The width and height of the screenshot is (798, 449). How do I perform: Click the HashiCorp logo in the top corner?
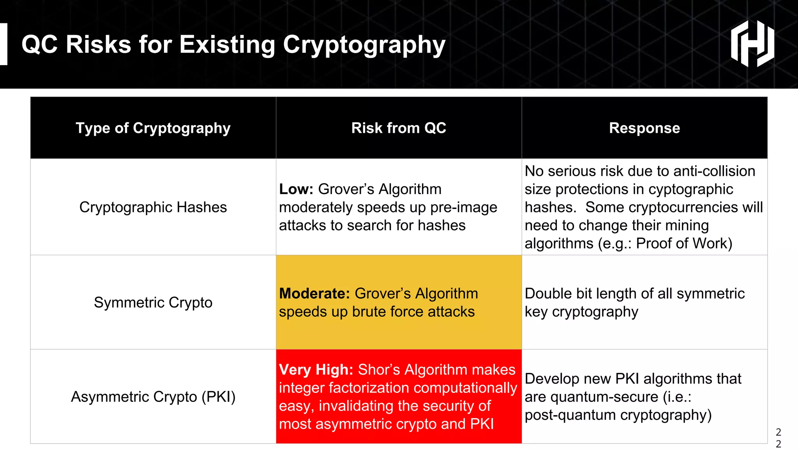point(752,44)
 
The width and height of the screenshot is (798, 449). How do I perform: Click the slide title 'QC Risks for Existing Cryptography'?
point(233,44)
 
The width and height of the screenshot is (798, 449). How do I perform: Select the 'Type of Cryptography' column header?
point(153,128)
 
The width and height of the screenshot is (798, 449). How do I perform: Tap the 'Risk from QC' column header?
point(399,128)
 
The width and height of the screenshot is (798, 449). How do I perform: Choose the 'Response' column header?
point(644,128)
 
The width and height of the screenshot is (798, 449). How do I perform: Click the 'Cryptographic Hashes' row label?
point(153,207)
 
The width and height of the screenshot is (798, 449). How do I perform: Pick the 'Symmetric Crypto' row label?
point(153,302)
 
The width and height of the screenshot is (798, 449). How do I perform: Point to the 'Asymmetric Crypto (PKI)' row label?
point(153,397)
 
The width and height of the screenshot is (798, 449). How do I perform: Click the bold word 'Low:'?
point(296,189)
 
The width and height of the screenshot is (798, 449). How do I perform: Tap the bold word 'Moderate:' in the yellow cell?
point(314,293)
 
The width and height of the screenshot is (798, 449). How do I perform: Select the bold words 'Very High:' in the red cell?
point(316,369)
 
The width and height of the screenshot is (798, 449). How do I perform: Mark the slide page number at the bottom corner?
point(778,438)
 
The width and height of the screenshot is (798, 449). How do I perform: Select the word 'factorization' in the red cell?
point(370,388)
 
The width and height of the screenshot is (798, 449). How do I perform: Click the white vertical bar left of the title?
point(4,44)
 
